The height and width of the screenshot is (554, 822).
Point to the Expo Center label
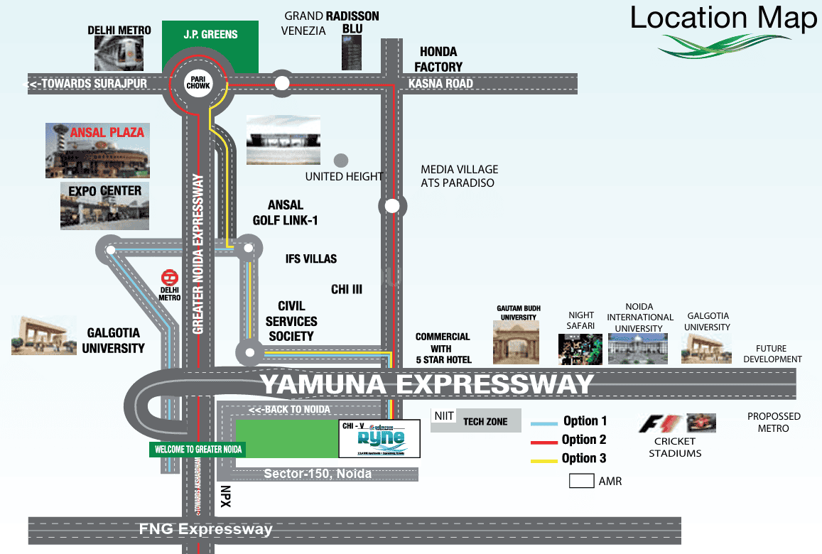click(105, 191)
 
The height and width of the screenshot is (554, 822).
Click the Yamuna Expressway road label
click(426, 384)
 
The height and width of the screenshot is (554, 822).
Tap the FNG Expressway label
click(206, 529)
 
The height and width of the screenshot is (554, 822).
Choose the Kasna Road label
click(440, 84)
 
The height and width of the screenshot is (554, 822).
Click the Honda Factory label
click(438, 59)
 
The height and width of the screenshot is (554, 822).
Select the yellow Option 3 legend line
click(545, 460)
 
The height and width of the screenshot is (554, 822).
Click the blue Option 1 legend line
click(545, 423)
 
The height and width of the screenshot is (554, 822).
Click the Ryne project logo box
click(379, 439)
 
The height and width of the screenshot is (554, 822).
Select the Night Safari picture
click(580, 348)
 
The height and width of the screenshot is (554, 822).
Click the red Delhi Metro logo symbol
click(169, 277)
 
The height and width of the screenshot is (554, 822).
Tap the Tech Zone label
click(485, 421)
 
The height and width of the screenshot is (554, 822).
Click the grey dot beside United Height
click(342, 160)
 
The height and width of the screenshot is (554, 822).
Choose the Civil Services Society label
click(291, 321)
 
